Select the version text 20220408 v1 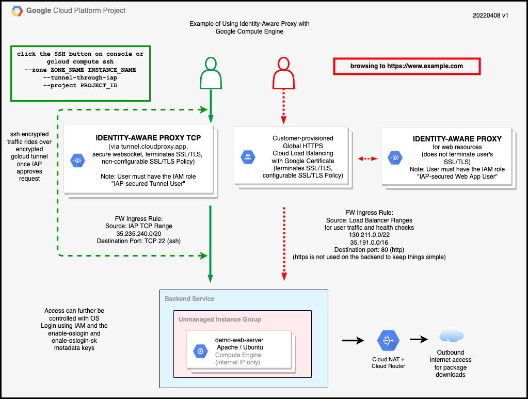click(490, 15)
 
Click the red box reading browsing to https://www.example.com click(407, 66)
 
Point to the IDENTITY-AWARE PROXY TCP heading click(148, 138)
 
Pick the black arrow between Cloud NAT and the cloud click(419, 340)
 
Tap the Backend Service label click(189, 299)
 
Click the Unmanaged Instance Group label click(220, 320)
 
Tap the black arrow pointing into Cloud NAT click(352, 340)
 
